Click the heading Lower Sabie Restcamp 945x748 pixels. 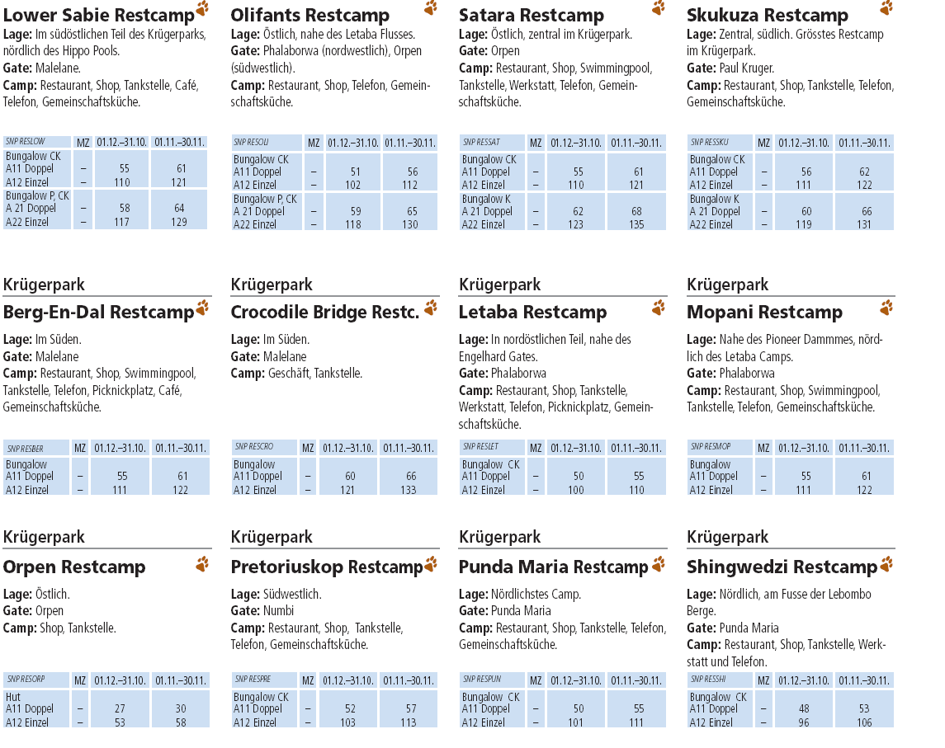(99, 15)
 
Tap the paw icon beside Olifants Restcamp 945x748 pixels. (431, 8)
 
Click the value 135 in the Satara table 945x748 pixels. (636, 224)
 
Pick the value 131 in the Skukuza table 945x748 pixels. (864, 224)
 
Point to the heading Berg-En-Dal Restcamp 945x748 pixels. (98, 313)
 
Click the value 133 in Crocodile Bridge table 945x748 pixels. (408, 490)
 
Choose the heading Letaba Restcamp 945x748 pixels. (532, 313)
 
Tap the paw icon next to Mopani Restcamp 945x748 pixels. (886, 308)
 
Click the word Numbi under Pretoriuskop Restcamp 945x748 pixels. (278, 611)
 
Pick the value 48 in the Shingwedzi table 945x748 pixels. (804, 709)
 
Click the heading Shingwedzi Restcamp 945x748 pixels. (781, 567)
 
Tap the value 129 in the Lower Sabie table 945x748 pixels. (179, 222)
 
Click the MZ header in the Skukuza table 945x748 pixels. (763, 143)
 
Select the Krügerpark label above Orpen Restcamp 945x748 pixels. (44, 537)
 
